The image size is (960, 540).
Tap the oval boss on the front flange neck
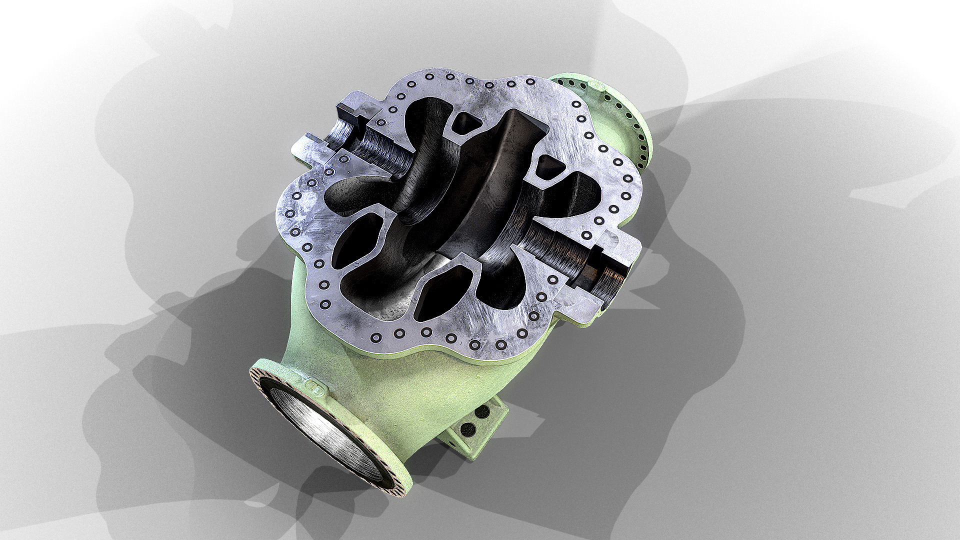click(315, 386)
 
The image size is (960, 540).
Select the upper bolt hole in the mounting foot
click(482, 412)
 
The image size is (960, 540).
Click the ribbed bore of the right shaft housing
click(555, 247)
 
